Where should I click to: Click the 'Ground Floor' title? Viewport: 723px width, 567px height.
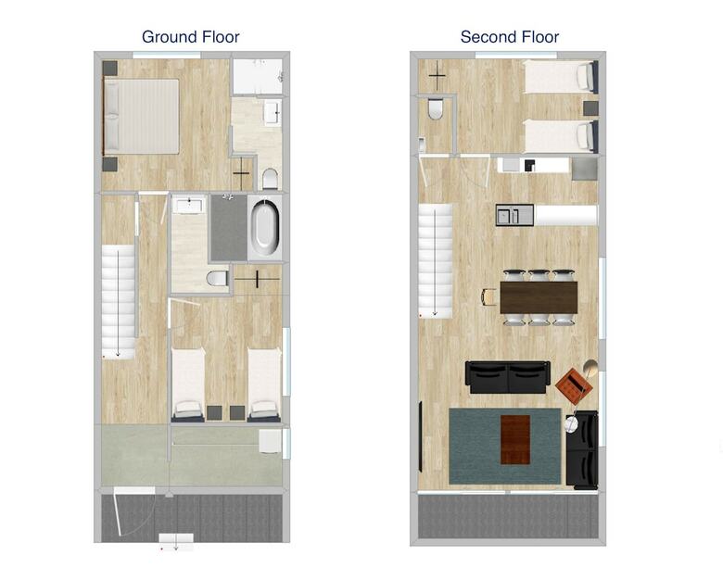[190, 37]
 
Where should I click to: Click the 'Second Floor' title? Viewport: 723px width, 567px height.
[510, 37]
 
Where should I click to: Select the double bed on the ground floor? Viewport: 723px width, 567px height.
[142, 116]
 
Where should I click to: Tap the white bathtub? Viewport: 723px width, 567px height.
[264, 227]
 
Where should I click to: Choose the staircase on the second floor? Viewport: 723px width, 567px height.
[435, 261]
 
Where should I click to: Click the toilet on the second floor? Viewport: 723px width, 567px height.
[435, 109]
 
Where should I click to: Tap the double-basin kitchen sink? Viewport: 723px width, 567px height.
[507, 216]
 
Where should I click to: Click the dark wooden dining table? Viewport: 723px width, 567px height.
[539, 297]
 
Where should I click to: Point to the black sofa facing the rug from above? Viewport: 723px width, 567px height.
[507, 376]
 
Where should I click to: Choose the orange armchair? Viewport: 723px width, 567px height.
[574, 384]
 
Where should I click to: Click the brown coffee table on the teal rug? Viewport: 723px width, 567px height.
[515, 438]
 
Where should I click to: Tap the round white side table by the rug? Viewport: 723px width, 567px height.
[571, 423]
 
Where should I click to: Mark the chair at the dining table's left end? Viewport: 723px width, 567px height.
[488, 296]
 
